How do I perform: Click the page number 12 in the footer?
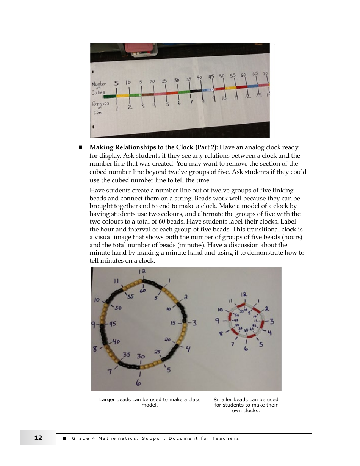pos(38,438)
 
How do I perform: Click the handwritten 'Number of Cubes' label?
pos(99,88)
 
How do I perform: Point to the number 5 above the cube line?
pos(116,83)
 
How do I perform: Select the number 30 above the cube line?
pos(177,80)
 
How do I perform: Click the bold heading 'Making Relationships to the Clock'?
pos(153,147)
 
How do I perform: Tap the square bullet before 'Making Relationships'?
pos(80,147)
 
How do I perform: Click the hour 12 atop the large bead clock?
pos(142,271)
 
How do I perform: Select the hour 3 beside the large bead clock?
pos(194,323)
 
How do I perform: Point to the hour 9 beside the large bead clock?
pos(93,325)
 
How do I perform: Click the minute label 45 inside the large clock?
pos(113,324)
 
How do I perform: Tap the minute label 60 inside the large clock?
pos(143,291)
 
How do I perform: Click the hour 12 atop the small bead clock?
pos(244,294)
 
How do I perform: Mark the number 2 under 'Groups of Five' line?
pos(130,107)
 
